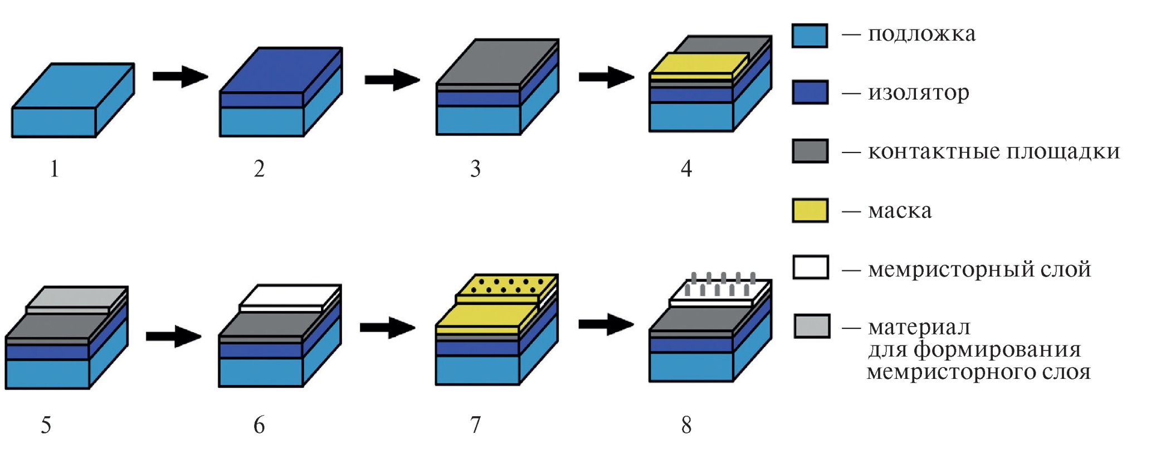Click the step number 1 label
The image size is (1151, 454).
54,169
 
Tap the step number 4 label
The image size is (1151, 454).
686,168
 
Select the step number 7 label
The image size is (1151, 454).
475,425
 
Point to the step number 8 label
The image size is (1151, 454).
686,425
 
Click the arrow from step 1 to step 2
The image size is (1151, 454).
180,76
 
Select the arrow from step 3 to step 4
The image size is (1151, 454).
606,77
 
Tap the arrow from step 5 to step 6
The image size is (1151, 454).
173,335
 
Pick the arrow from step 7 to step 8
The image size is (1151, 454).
606,324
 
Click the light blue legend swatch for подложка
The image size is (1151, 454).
809,36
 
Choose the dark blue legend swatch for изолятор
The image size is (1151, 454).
809,92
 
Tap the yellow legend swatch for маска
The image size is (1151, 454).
809,210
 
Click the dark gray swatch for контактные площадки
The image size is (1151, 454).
809,151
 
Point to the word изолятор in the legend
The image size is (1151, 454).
918,92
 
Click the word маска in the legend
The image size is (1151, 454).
899,211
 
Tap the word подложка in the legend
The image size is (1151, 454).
921,34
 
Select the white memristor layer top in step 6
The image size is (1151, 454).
290,295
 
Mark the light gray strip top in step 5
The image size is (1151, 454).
77,297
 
